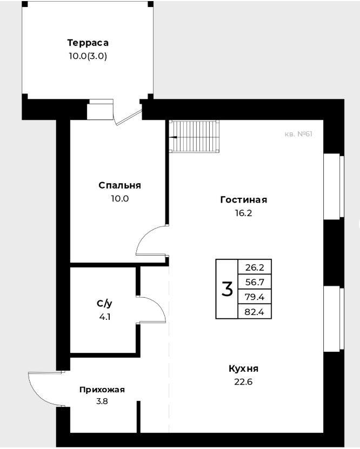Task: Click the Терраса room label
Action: point(88,43)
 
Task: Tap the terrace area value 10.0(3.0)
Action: point(88,56)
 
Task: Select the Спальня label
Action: point(119,185)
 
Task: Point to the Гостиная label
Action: point(244,199)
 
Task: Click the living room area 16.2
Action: point(244,213)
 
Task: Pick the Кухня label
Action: point(244,368)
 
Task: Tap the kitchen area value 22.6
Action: point(244,382)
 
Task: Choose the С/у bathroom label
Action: point(104,304)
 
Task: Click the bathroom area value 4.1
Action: point(105,317)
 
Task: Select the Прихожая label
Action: point(102,390)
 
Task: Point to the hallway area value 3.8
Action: point(102,401)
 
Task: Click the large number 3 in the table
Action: point(227,289)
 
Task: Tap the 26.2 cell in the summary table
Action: point(255,267)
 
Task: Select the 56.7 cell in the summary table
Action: point(255,283)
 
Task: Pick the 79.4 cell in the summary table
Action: point(255,297)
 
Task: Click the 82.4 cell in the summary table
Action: point(255,312)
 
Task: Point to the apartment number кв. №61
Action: point(298,134)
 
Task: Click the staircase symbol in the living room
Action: point(194,137)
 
